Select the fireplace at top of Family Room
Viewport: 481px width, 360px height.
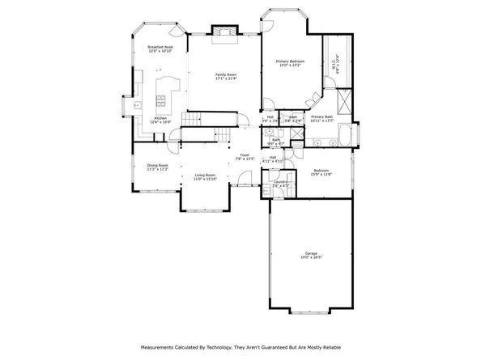[x=222, y=31]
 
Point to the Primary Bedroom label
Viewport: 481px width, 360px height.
[x=290, y=60]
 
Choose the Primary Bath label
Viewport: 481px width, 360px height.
[x=322, y=116]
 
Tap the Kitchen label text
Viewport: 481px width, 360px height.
[x=160, y=118]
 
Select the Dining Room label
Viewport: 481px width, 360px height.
[x=157, y=165]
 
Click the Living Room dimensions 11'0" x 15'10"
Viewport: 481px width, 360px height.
[x=204, y=179]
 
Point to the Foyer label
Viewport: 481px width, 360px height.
[x=245, y=155]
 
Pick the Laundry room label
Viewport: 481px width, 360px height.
[x=280, y=182]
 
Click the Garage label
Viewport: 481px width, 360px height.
[x=312, y=254]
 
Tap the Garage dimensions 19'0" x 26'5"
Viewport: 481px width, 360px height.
[x=312, y=259]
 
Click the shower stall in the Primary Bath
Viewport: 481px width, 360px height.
[x=343, y=102]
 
